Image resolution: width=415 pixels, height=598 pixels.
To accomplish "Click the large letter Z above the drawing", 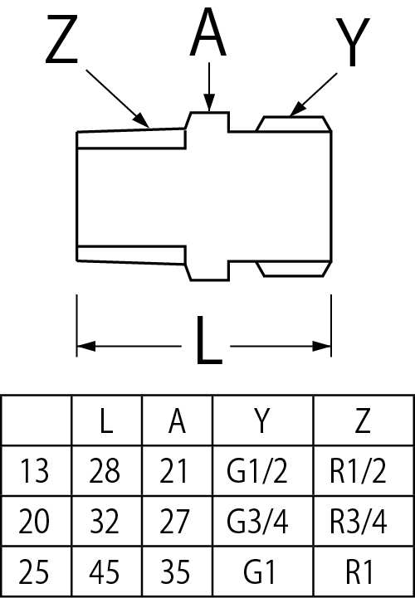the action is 62,39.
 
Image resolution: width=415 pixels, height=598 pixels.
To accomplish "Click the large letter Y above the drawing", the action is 353,41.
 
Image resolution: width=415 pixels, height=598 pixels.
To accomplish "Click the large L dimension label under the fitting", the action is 208,340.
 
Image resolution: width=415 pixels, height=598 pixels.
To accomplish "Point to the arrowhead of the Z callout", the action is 141,119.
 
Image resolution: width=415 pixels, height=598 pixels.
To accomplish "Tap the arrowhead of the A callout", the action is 209,103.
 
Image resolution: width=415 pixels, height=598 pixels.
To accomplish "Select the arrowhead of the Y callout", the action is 297,109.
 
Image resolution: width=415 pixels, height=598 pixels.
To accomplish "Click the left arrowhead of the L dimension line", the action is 86,347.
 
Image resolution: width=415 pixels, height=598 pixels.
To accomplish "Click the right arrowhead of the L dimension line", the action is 322,347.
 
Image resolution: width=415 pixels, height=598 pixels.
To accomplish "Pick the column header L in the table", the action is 106,421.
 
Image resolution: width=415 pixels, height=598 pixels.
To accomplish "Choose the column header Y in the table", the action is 262,421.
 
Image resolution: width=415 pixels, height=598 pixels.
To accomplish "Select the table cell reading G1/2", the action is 256,470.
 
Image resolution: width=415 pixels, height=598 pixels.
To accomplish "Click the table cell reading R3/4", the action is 358,521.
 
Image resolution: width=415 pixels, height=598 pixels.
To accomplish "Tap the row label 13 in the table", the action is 33,470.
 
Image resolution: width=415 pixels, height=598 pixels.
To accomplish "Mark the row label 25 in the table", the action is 33,571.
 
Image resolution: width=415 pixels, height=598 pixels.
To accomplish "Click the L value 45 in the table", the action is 105,571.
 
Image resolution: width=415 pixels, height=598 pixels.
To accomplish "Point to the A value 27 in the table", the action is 174,521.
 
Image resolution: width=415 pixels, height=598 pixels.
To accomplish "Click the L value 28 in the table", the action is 105,470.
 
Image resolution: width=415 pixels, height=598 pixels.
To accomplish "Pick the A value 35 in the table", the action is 174,571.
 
